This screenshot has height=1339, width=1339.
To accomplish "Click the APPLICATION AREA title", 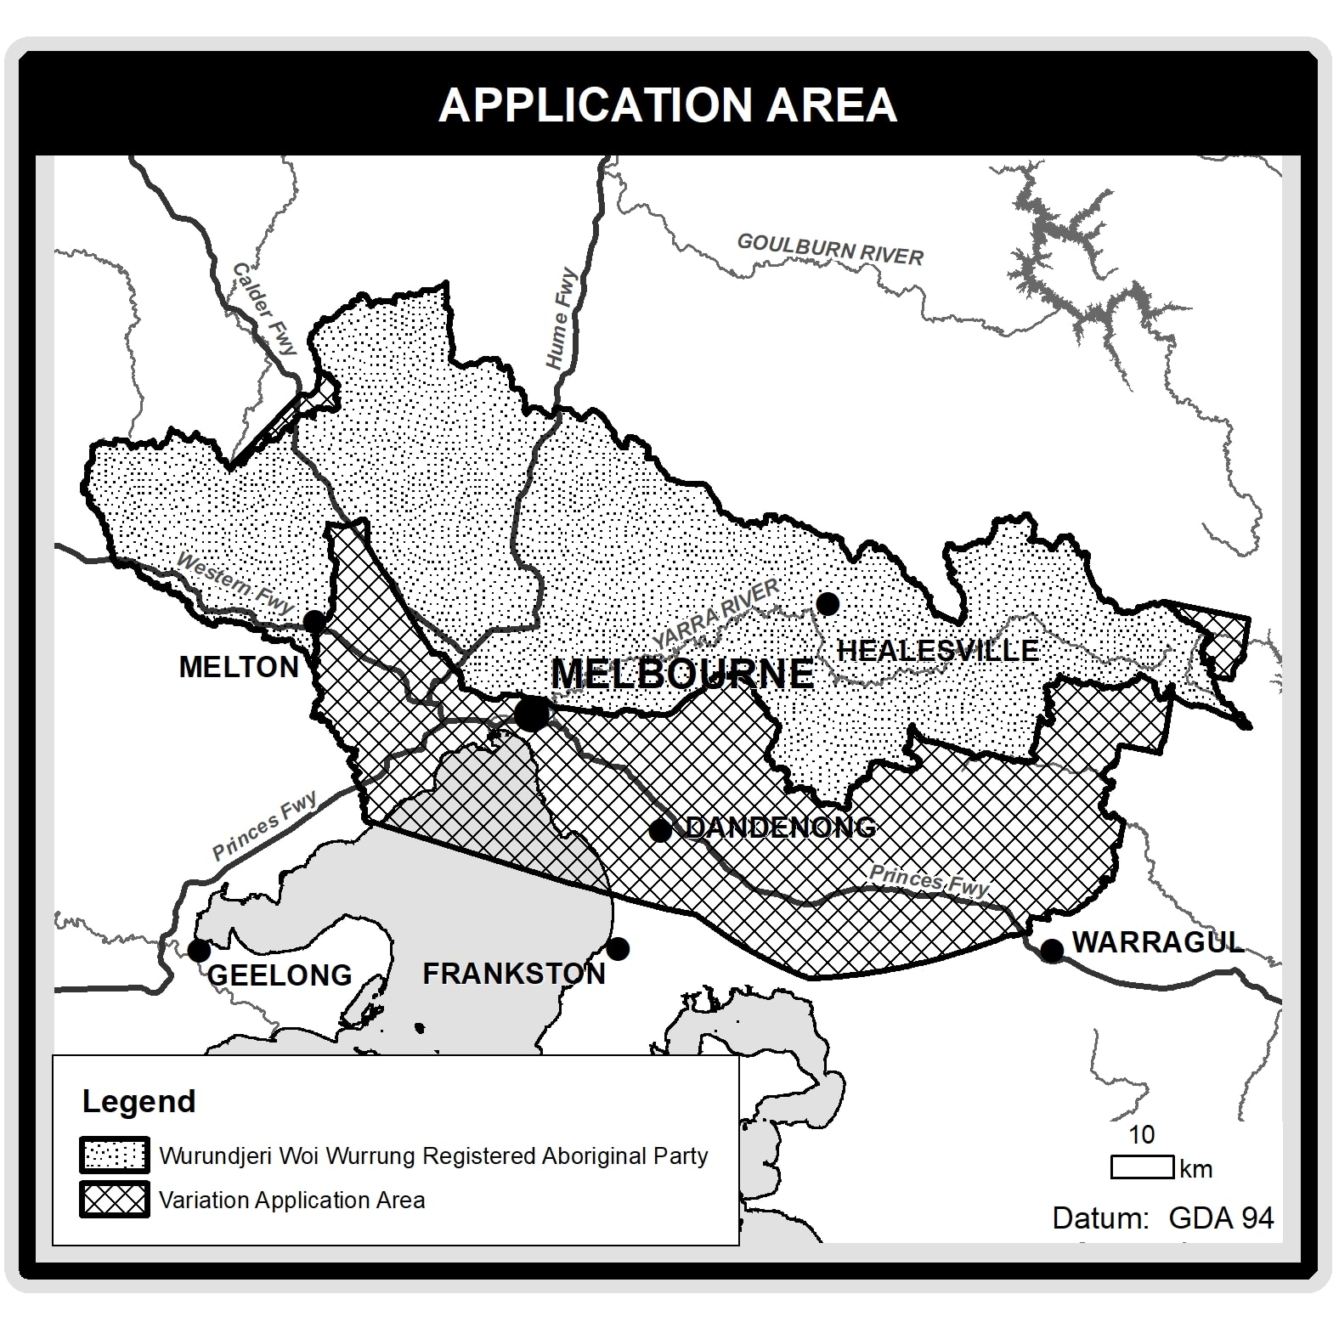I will click(x=668, y=105).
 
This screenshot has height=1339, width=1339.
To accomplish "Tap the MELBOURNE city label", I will click(x=682, y=674).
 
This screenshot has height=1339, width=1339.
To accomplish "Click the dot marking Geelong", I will click(x=199, y=950).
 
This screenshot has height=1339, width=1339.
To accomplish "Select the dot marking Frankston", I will click(x=618, y=948).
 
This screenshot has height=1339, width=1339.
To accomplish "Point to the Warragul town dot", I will click(x=1052, y=950).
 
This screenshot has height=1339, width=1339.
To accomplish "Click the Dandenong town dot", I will click(x=660, y=831).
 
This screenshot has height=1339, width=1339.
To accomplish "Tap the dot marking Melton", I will click(x=314, y=621).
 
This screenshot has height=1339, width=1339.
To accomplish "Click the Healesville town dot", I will click(x=828, y=603).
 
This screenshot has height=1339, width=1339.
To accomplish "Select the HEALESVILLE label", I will click(x=938, y=651).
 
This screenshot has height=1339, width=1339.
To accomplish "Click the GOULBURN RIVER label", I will click(x=830, y=250).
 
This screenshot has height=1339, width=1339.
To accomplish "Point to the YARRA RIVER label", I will click(x=715, y=613).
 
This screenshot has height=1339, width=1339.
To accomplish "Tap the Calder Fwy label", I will click(x=265, y=309).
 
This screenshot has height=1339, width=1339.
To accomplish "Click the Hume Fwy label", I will click(x=561, y=319).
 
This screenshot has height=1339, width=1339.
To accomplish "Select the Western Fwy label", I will click(x=235, y=585).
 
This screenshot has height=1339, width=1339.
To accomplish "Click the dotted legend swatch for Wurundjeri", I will click(x=115, y=1155).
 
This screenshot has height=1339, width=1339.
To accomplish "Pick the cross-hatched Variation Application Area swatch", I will click(x=115, y=1200).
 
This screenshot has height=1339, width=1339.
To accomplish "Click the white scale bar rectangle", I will click(x=1142, y=1167).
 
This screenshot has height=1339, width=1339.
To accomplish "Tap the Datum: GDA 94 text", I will click(x=1162, y=1218).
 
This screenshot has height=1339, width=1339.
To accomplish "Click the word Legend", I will click(x=139, y=1101).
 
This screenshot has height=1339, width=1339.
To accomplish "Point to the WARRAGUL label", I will click(x=1157, y=942).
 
